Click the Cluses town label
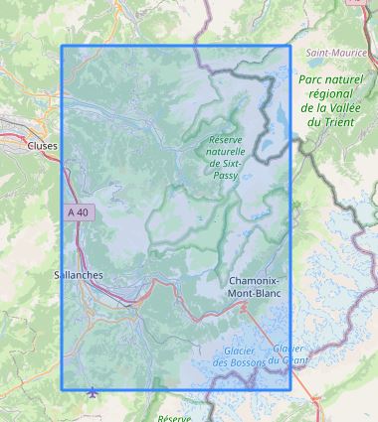coord(42,146)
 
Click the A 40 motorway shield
coord(78,211)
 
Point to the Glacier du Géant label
coord(288,353)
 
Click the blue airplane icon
coord(94,391)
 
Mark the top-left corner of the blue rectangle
coord(62,46)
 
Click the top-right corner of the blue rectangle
coord(290,46)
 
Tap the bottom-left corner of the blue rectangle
coord(62,388)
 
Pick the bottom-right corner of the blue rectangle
coord(290,388)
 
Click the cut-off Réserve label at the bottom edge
coord(174,418)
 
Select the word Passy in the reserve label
coord(226,173)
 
